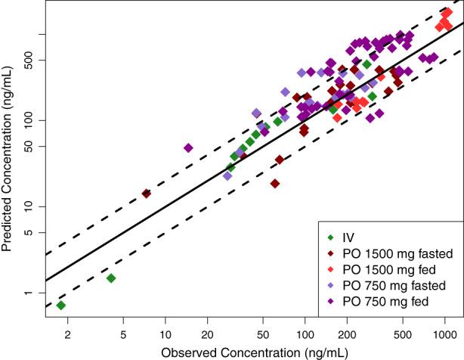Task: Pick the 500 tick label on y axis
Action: pyautogui.click(x=27, y=60)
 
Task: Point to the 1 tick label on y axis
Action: pyautogui.click(x=27, y=293)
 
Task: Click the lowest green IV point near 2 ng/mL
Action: pyautogui.click(x=61, y=306)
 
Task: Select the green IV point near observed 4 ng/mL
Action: pyautogui.click(x=111, y=278)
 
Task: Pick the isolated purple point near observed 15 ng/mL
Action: pyautogui.click(x=188, y=148)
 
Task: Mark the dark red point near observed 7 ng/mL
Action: pyautogui.click(x=146, y=194)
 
